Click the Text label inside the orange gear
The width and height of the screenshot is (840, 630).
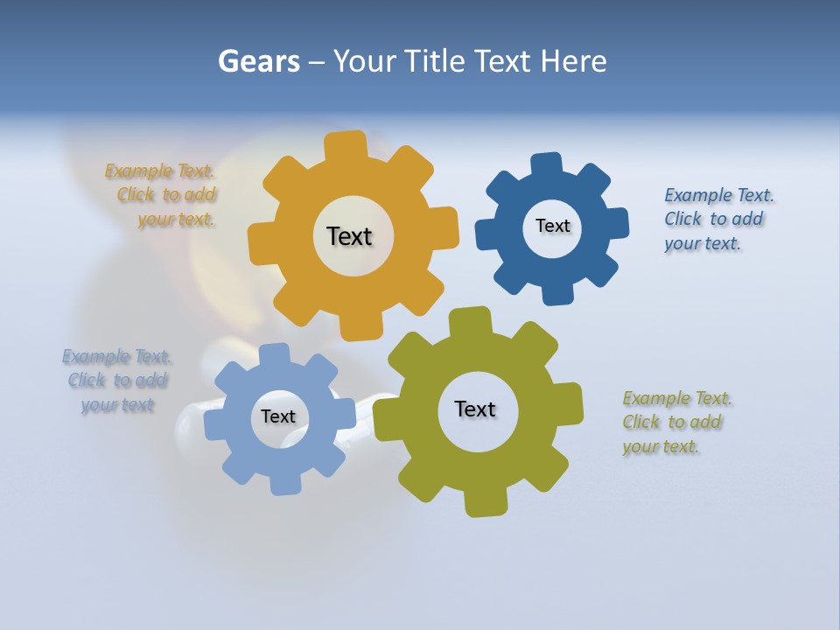[349, 236]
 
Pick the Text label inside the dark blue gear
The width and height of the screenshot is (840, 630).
[552, 226]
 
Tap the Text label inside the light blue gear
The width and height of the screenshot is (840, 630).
[278, 416]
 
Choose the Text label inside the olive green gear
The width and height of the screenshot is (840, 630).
[475, 409]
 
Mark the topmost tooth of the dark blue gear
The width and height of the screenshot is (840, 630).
[546, 164]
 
